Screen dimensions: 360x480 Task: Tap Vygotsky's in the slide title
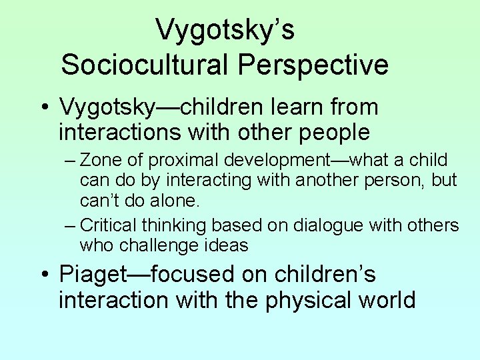pyautogui.click(x=225, y=30)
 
